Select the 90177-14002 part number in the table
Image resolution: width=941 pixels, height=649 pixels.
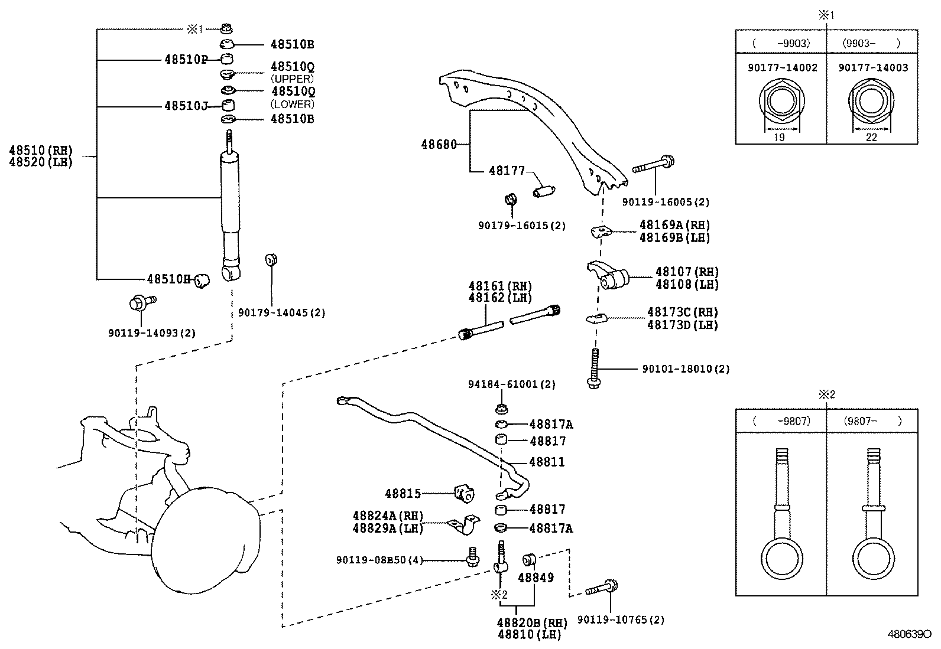tap(782, 68)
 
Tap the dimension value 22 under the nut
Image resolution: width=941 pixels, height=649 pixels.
tap(871, 138)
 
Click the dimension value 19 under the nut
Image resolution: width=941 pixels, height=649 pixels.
tap(779, 138)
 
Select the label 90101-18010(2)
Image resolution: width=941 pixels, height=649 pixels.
tap(686, 369)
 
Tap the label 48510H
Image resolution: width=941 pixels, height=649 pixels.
tap(169, 279)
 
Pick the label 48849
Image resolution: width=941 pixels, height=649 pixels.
tap(536, 577)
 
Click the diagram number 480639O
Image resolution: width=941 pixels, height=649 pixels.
tap(908, 634)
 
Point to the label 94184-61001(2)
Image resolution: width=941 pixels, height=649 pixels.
tap(512, 384)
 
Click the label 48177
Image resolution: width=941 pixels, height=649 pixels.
tap(507, 171)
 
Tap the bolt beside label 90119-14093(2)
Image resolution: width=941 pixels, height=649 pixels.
tap(140, 303)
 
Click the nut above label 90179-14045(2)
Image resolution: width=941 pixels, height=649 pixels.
tap(271, 259)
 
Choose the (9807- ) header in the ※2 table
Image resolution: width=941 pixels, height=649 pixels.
tap(872, 421)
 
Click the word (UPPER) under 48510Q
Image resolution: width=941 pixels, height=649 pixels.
tap(292, 79)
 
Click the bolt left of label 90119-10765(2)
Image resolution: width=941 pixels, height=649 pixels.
tap(602, 589)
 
